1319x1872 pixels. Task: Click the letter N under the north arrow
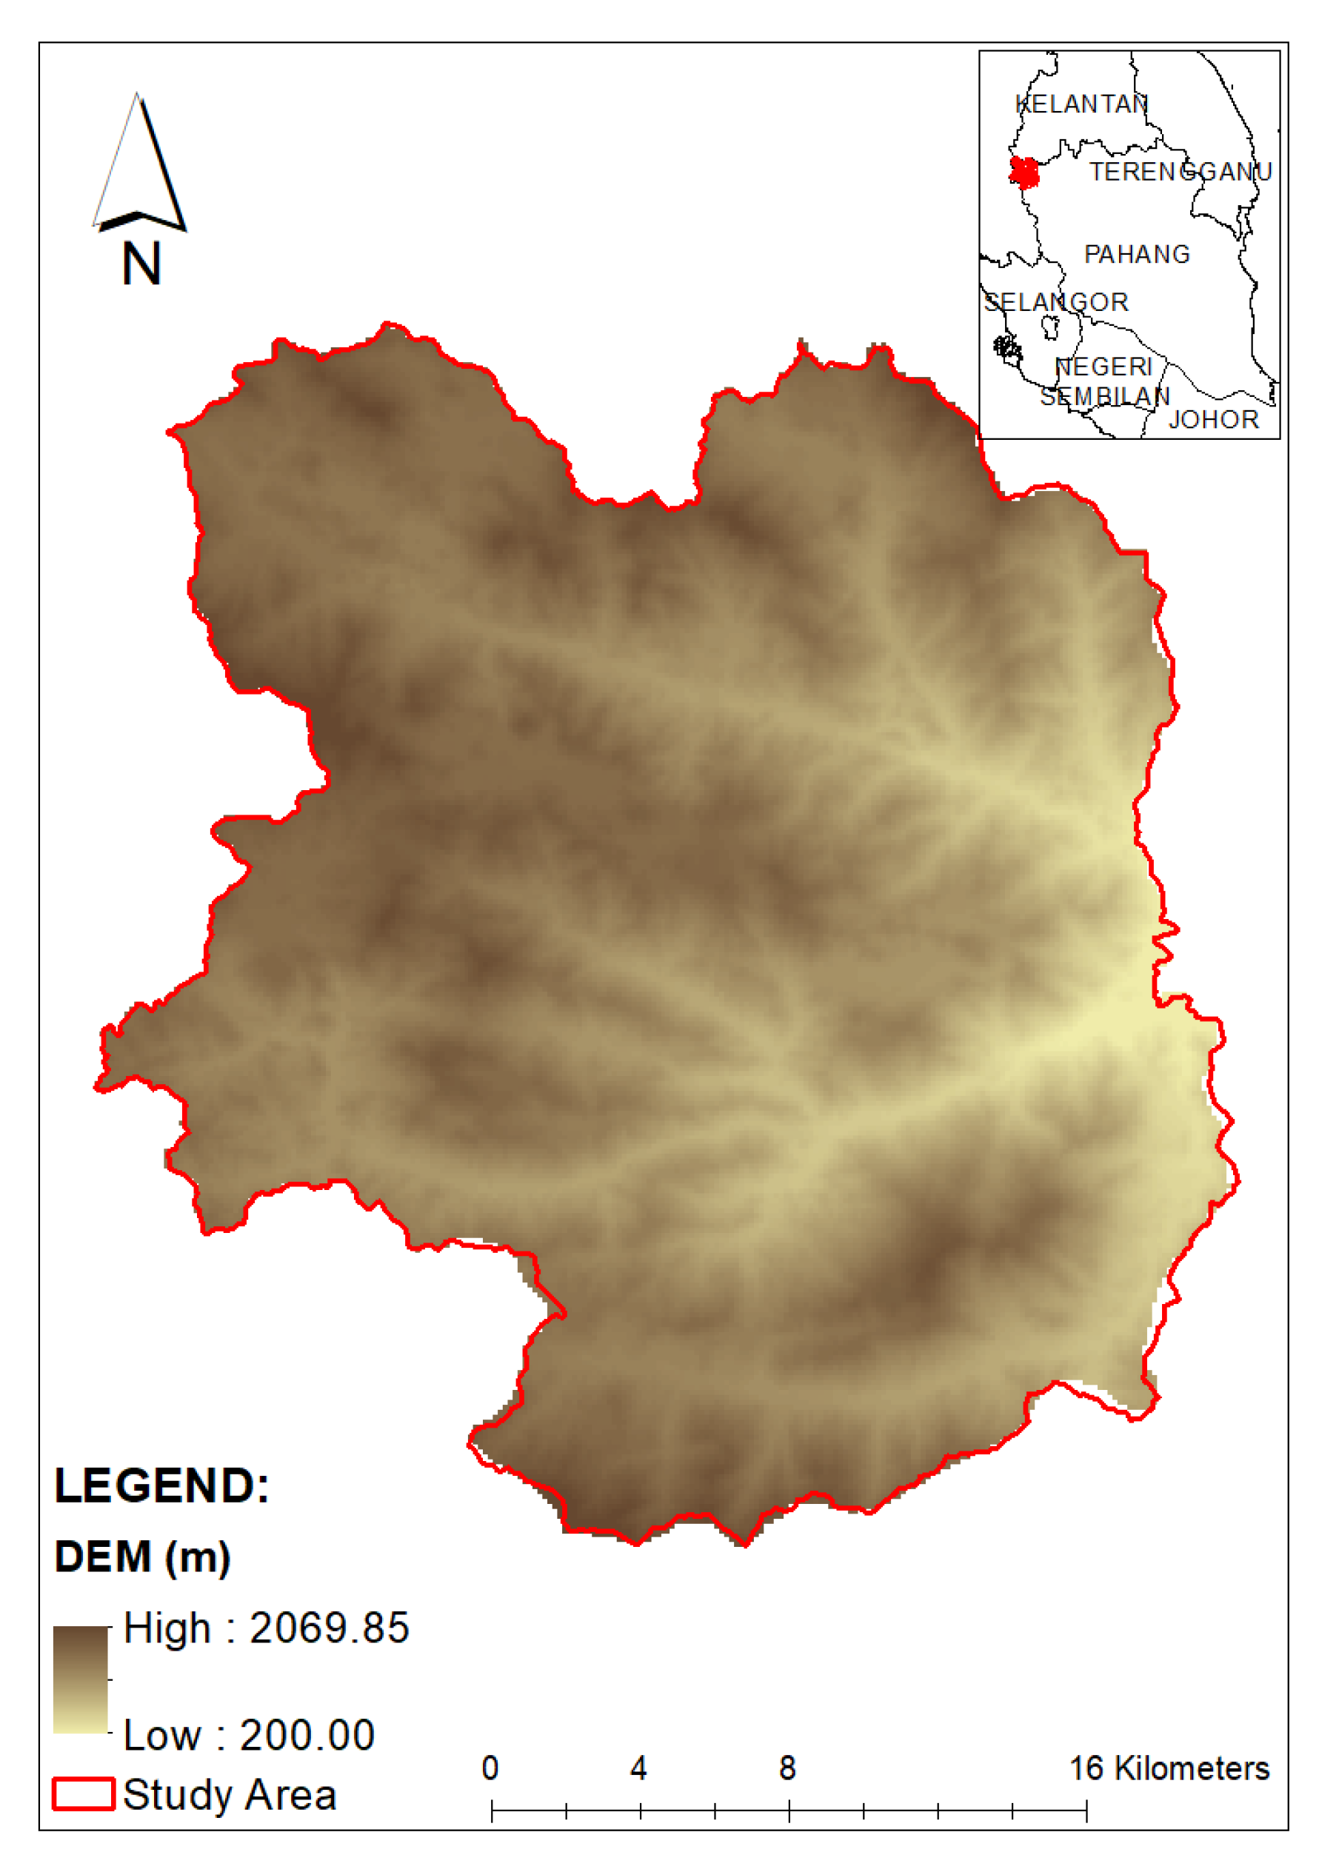(141, 264)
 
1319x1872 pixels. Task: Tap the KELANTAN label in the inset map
(1081, 104)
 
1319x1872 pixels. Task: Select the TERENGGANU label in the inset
(1181, 172)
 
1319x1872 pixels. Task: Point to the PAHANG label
(1136, 255)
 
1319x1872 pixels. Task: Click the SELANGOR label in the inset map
(1055, 302)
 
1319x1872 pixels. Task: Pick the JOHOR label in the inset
(1214, 420)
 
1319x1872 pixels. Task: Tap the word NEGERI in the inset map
(1103, 367)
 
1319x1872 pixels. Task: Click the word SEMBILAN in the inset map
(1105, 397)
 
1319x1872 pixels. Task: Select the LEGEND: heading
(161, 1486)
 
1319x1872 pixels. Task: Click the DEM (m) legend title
(143, 1557)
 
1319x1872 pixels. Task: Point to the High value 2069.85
(266, 1628)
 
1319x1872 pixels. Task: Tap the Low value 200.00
(249, 1735)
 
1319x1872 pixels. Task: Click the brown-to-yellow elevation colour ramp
(81, 1679)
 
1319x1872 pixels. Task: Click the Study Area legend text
(230, 1796)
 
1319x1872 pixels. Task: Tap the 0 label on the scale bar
(490, 1768)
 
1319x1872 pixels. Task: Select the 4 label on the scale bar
(639, 1768)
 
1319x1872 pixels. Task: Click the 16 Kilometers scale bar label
(1169, 1768)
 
